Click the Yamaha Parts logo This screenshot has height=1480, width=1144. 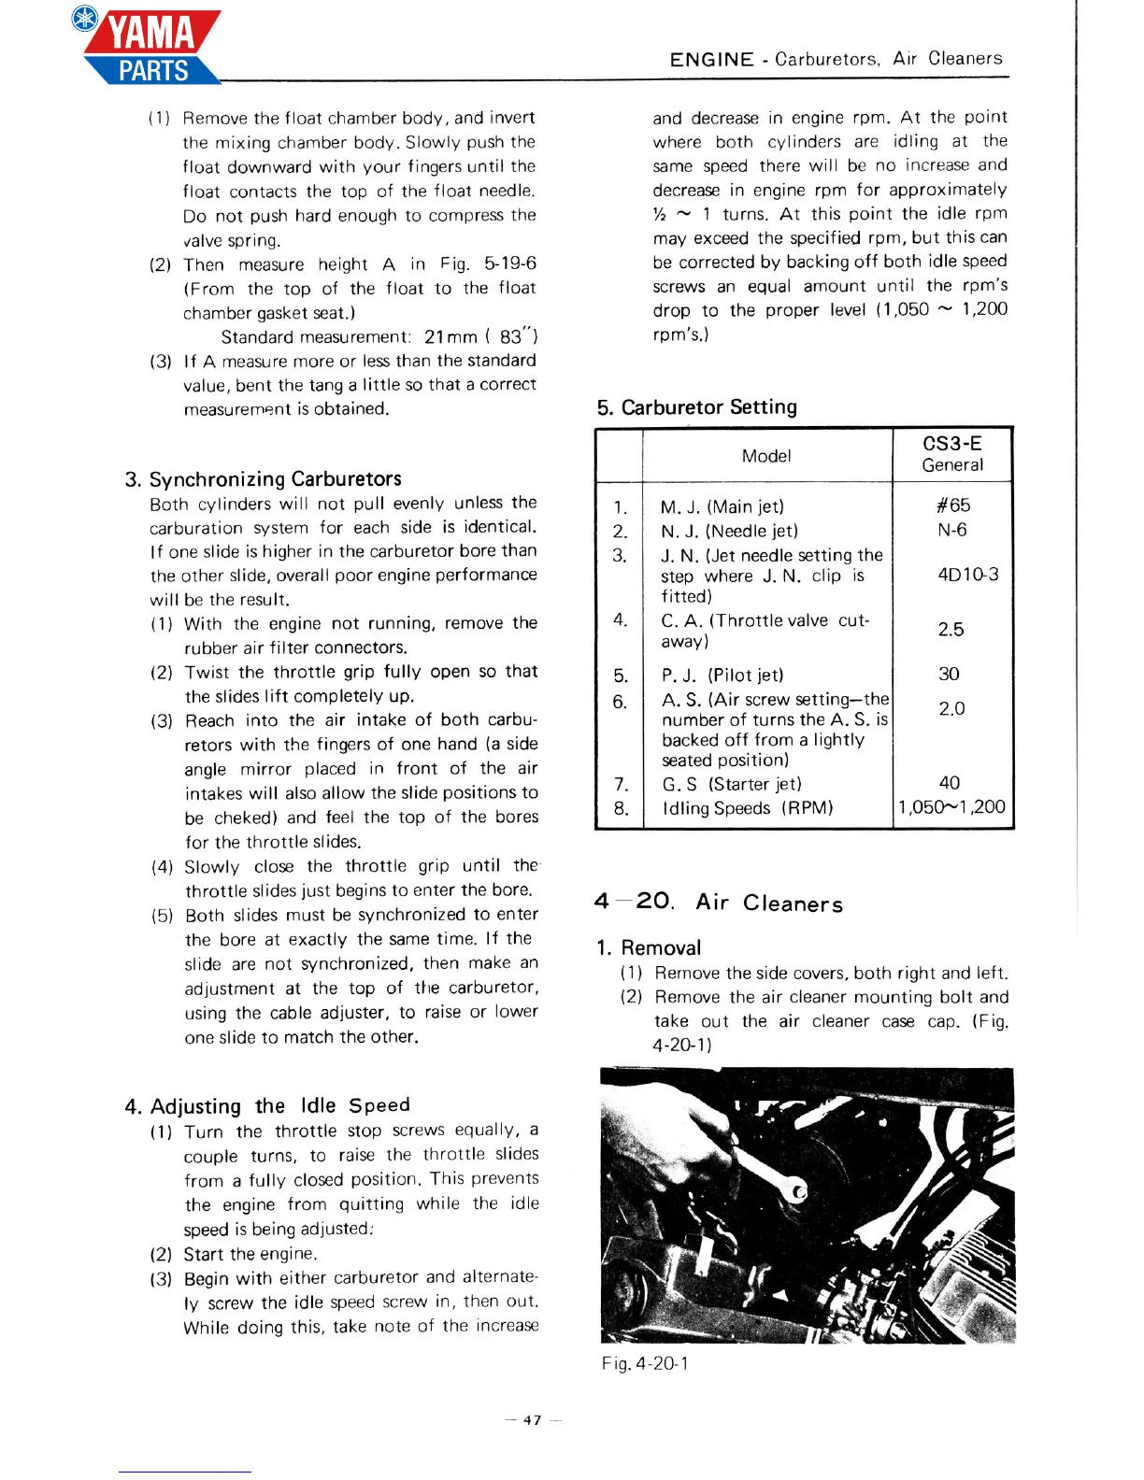(150, 47)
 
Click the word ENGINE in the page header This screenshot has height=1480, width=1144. (711, 60)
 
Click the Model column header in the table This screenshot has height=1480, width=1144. (766, 456)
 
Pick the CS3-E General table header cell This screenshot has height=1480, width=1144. (952, 454)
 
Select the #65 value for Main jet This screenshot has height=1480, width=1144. (952, 505)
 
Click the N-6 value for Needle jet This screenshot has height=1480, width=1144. (952, 530)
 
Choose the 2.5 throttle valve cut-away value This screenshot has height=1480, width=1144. (951, 630)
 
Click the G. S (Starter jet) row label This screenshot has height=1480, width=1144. (731, 784)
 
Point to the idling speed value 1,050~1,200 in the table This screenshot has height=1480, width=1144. (951, 807)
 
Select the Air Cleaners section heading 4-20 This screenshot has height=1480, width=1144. (718, 903)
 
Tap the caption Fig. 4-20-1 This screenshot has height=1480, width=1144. (645, 1363)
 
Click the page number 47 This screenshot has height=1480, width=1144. (532, 1420)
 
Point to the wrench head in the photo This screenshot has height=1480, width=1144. (797, 1191)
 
